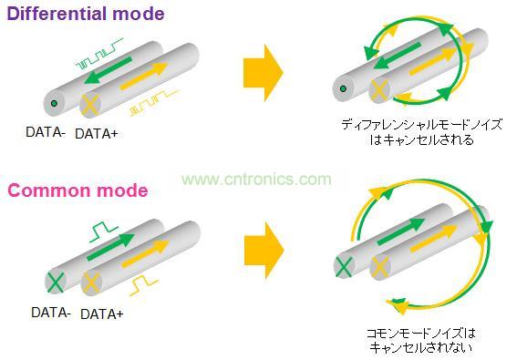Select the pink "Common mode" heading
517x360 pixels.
78,190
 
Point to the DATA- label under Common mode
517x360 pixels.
51,312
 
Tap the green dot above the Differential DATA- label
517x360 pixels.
55,103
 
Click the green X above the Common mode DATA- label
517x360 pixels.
55,282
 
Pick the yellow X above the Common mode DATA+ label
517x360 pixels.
89,283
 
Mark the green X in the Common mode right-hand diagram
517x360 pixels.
344,266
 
